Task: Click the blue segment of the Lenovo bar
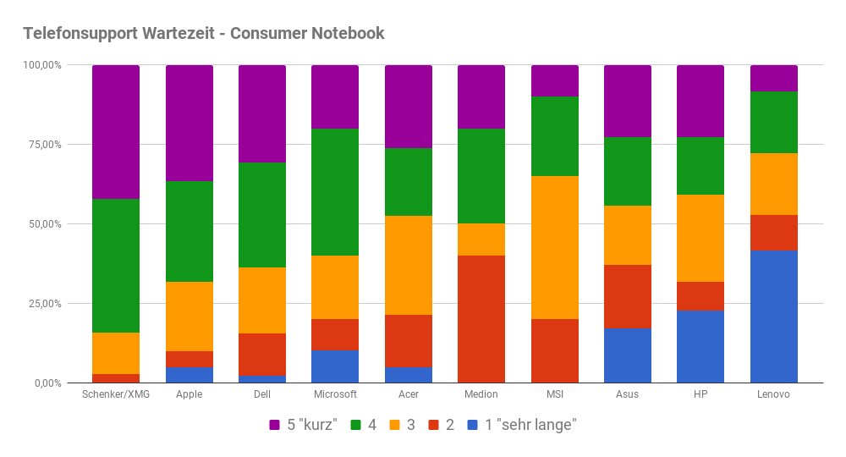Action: (x=773, y=317)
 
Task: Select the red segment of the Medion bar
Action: (x=481, y=319)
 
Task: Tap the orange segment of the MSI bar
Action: (x=554, y=247)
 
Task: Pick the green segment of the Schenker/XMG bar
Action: (x=116, y=266)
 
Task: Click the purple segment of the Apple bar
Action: (x=189, y=123)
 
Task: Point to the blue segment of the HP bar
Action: (x=700, y=347)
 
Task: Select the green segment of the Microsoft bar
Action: (x=335, y=192)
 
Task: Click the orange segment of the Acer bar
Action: (x=408, y=265)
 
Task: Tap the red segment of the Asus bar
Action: (x=628, y=296)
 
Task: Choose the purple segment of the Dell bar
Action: (x=262, y=113)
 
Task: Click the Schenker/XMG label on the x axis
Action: (x=116, y=394)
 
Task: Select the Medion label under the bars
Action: (x=481, y=394)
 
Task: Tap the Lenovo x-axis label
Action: (x=773, y=394)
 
